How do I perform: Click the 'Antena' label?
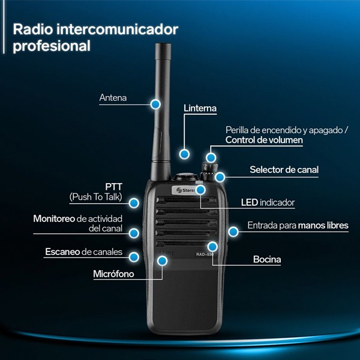tap(113, 98)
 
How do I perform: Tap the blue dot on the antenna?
tap(156, 104)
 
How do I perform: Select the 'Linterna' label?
tap(200, 109)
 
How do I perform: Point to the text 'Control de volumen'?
tap(264, 140)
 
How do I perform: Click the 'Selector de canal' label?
tap(284, 170)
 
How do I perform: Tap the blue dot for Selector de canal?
tap(221, 176)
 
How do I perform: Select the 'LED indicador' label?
tap(268, 202)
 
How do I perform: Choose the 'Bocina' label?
tap(267, 260)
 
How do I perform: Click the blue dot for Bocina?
tap(212, 246)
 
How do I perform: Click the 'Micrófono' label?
tap(113, 274)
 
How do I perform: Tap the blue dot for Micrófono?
tap(162, 260)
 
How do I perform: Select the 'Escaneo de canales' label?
tap(83, 252)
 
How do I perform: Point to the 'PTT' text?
tap(113, 187)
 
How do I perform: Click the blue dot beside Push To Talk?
tap(135, 203)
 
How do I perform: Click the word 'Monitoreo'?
tap(54, 218)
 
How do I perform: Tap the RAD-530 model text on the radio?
tap(205, 254)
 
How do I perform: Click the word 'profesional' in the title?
tap(52, 46)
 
